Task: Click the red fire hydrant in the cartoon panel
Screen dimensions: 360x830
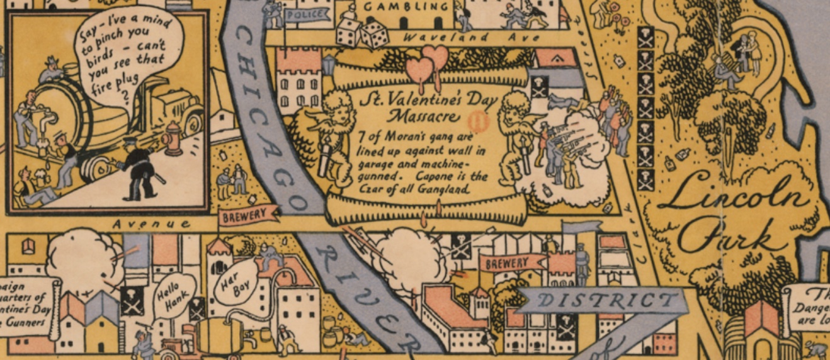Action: coord(173,138)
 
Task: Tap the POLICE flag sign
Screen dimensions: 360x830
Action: coord(307,14)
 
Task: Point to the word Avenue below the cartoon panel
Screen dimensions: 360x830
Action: coord(151,223)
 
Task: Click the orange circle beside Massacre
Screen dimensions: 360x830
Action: coord(480,118)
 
